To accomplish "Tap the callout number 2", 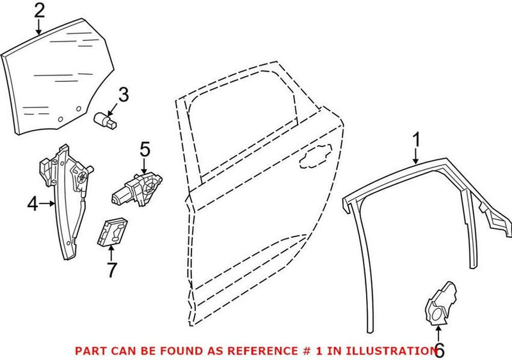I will click(39, 11).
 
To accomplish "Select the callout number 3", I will click(123, 95).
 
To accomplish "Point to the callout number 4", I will click(33, 205).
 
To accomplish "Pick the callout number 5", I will click(145, 151).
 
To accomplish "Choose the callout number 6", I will click(438, 350).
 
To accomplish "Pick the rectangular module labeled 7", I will click(113, 231).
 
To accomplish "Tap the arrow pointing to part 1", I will click(416, 156).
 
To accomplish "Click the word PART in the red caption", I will click(90, 350).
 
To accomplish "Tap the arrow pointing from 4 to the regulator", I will click(49, 205).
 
